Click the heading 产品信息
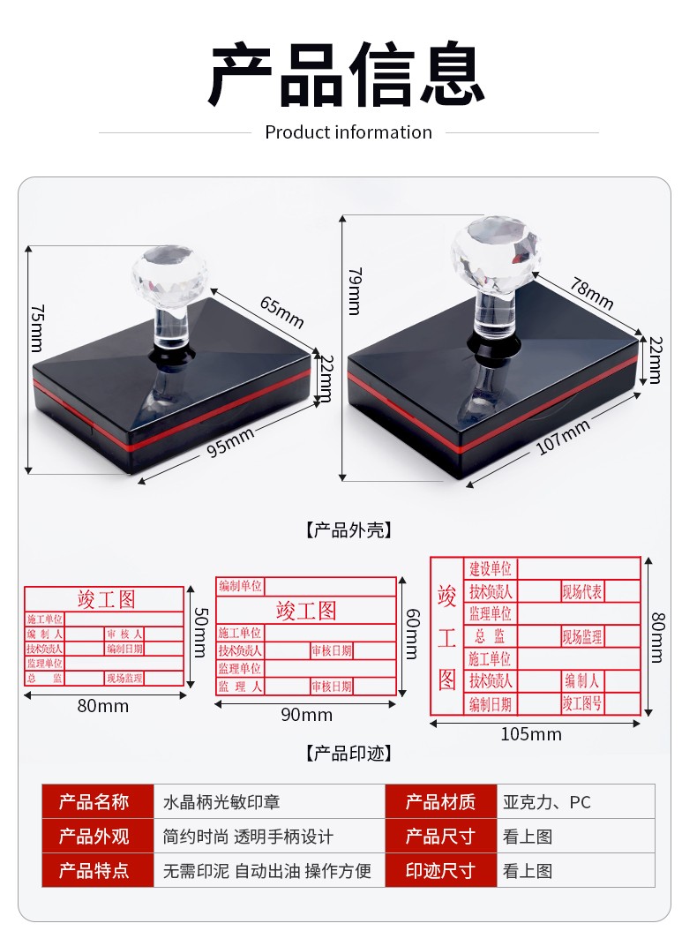point(348,74)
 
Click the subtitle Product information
point(348,132)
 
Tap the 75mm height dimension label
point(36,327)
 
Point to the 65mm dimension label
point(281,310)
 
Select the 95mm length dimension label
point(231,442)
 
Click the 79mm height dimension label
point(354,290)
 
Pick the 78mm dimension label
point(591,294)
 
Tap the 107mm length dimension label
point(564,437)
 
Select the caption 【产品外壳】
point(348,530)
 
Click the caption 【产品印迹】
point(348,754)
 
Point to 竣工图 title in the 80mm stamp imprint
point(107,600)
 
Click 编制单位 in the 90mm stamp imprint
point(240,586)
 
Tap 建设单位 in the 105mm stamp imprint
point(490,568)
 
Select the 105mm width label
point(531,734)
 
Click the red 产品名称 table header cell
point(97,802)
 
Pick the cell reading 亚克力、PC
point(547,802)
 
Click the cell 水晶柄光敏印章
point(222,802)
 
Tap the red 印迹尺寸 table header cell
point(440,871)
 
